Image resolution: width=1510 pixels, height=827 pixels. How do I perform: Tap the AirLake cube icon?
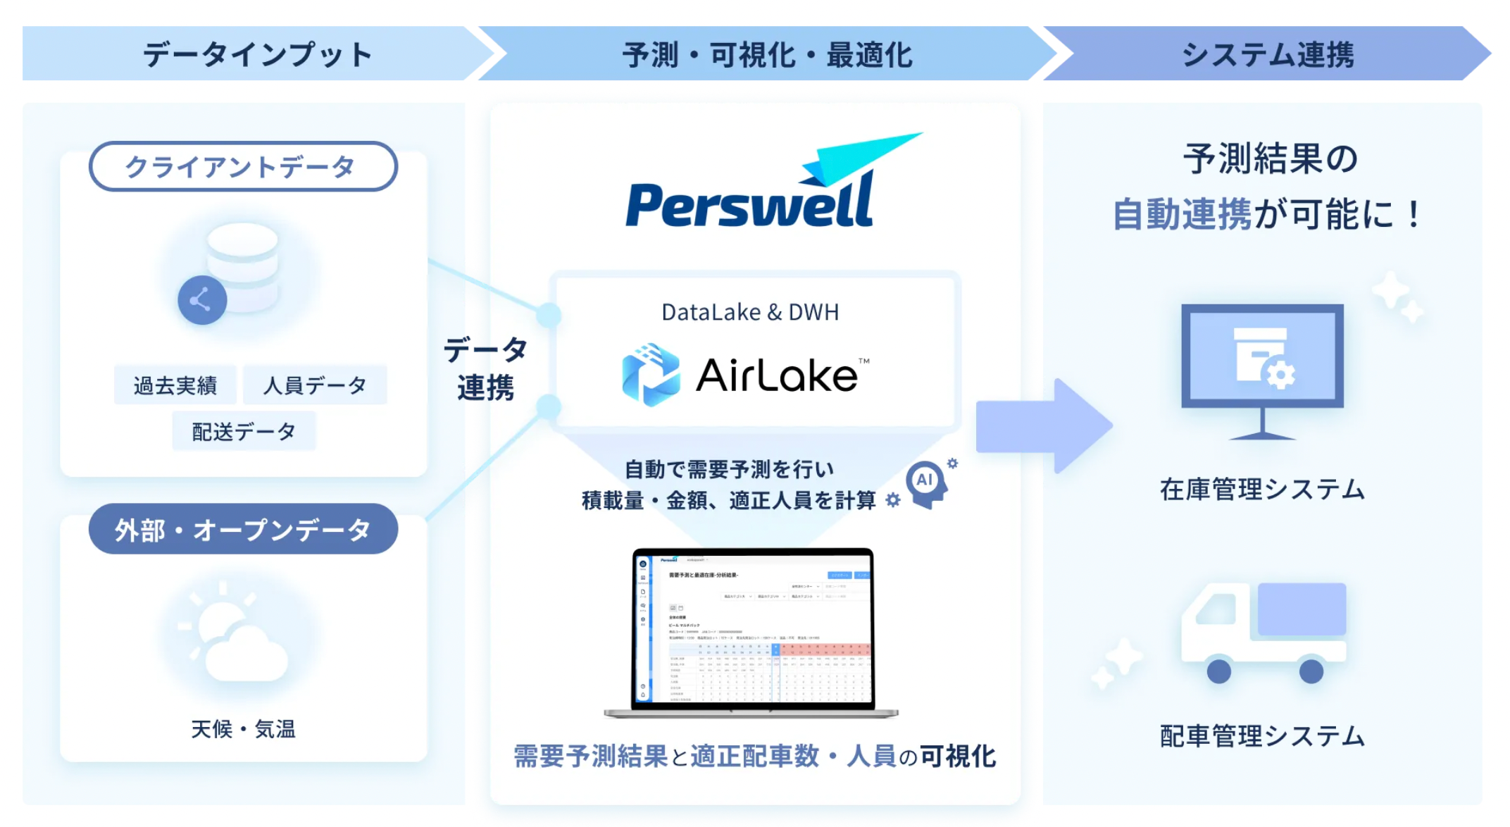651,375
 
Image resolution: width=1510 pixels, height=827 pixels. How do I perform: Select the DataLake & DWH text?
750,312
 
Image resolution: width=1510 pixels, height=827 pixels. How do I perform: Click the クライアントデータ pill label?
243,167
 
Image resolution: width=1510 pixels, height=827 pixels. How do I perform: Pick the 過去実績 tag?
175,385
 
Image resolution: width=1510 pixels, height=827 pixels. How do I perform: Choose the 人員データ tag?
315,385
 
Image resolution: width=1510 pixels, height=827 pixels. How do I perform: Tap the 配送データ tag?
244,431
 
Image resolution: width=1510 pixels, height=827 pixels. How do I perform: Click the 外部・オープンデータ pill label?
243,530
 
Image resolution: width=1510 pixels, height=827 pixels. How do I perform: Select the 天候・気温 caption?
243,729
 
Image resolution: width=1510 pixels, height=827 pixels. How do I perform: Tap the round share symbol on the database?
202,300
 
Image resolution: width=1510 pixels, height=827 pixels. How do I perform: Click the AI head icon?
928,484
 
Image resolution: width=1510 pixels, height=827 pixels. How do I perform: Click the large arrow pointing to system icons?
1042,426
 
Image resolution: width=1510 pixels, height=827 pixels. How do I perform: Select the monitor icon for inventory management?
1262,366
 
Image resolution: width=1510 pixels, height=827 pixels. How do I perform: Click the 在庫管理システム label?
1262,489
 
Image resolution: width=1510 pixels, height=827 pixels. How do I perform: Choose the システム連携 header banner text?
1268,54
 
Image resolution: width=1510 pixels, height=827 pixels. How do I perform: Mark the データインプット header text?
258,54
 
